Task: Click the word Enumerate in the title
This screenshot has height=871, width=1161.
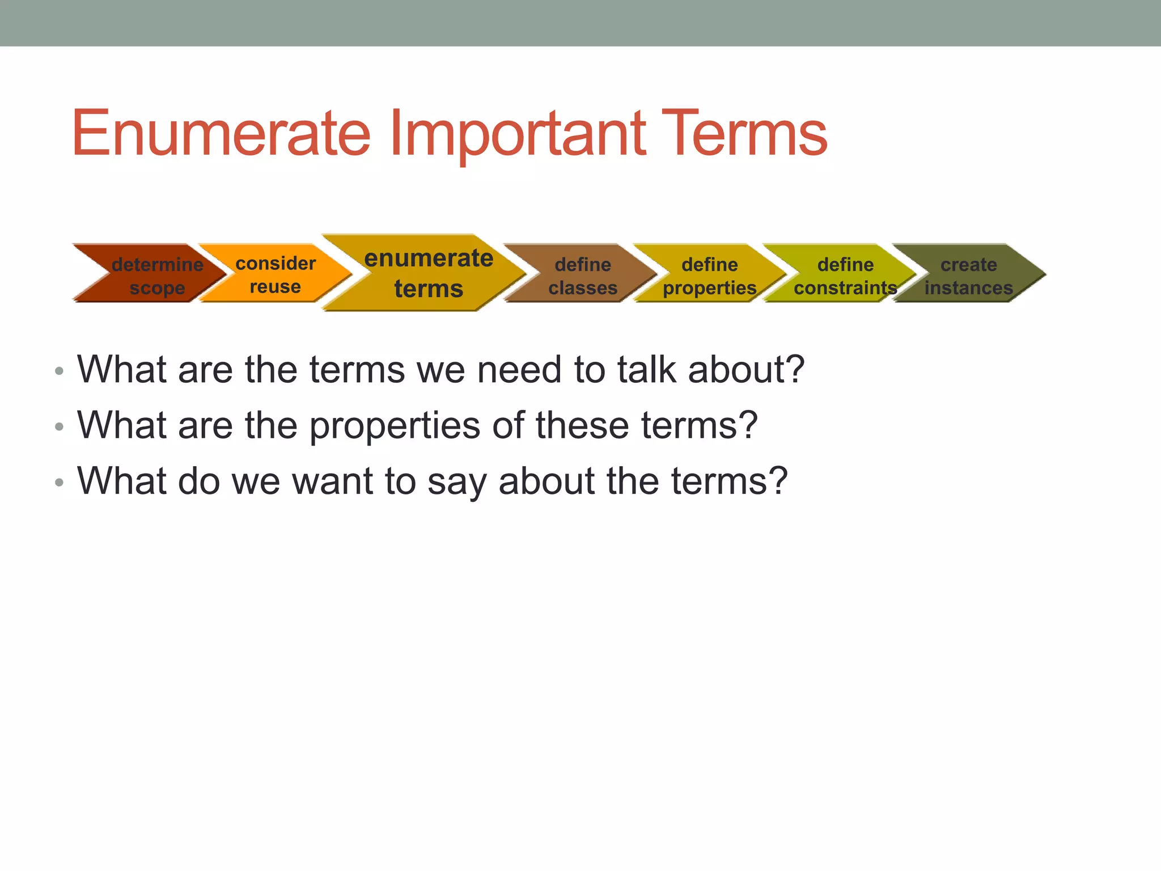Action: pyautogui.click(x=221, y=134)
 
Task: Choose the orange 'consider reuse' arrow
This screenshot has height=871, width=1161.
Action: pyautogui.click(x=276, y=274)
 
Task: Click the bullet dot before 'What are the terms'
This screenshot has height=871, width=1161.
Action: pyautogui.click(x=59, y=372)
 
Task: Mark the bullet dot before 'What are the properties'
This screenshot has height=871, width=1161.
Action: pyautogui.click(x=59, y=427)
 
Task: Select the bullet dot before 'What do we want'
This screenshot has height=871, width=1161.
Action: pyautogui.click(x=59, y=483)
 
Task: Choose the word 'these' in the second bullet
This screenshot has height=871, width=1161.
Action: pyautogui.click(x=582, y=425)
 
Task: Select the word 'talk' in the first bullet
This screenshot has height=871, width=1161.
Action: pyautogui.click(x=646, y=370)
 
